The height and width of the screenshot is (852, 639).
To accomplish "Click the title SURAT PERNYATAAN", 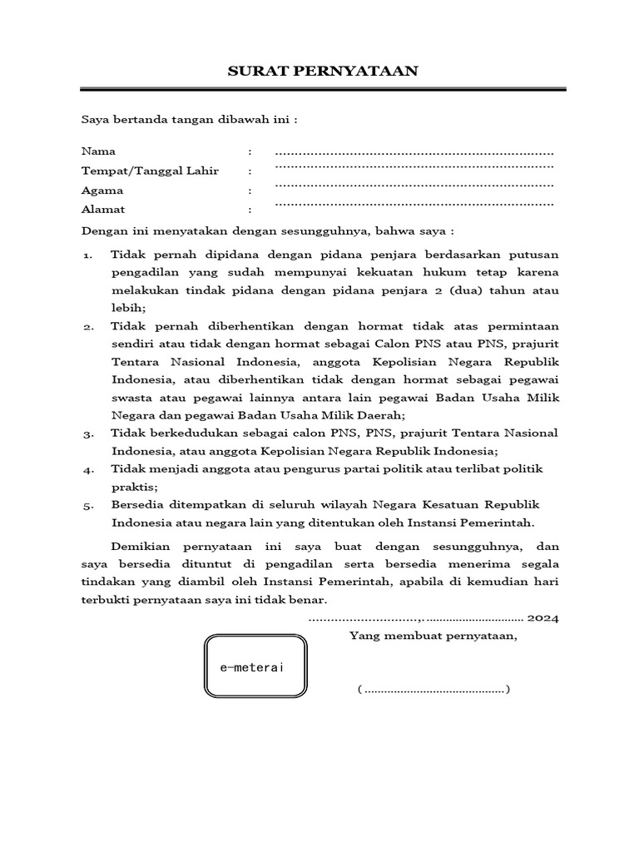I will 323,72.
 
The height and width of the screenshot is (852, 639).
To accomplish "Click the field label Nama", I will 98,151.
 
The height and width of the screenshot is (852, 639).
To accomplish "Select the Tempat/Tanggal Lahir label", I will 150,171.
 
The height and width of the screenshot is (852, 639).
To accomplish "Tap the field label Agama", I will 102,191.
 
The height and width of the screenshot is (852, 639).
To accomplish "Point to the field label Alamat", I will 103,210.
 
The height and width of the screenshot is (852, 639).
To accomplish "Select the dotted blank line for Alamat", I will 414,202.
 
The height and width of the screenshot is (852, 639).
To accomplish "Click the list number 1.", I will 87,255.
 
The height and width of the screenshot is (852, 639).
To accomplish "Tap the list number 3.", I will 87,433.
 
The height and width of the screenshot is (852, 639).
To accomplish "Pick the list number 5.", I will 87,505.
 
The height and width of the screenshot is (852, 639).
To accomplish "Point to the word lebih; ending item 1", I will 128,308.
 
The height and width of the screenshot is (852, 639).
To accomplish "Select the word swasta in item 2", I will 131,398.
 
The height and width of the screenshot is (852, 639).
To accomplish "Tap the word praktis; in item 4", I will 135,487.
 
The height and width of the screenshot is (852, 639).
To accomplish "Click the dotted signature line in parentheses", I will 433,690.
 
